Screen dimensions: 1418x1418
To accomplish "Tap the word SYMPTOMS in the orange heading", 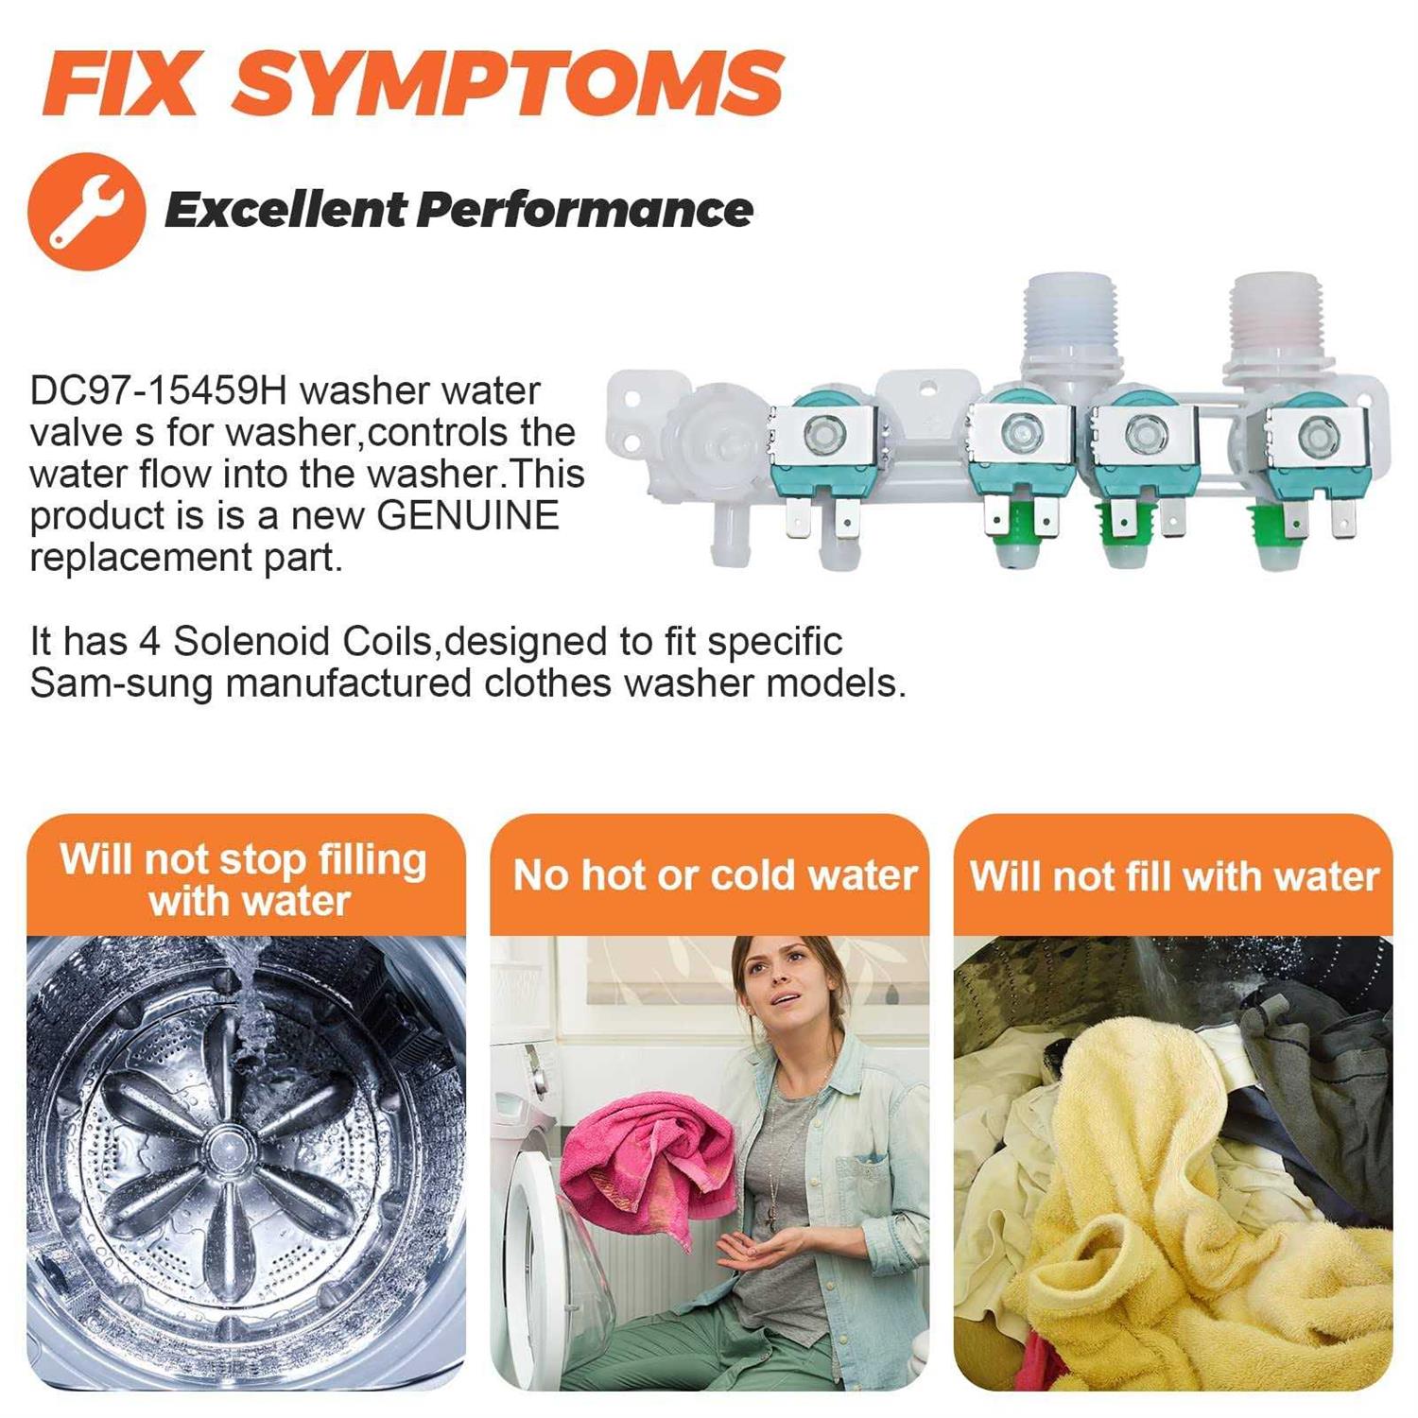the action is point(509,83).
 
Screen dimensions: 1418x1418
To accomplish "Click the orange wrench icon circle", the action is point(87,212).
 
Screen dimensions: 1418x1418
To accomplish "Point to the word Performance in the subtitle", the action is point(585,209).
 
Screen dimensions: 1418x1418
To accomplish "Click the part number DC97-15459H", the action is point(160,390).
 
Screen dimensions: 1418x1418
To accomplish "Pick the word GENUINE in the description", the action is point(468,515).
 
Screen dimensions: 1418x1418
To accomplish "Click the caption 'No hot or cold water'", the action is point(715,875).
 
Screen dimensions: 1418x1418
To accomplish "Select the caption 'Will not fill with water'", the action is point(1174,876).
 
